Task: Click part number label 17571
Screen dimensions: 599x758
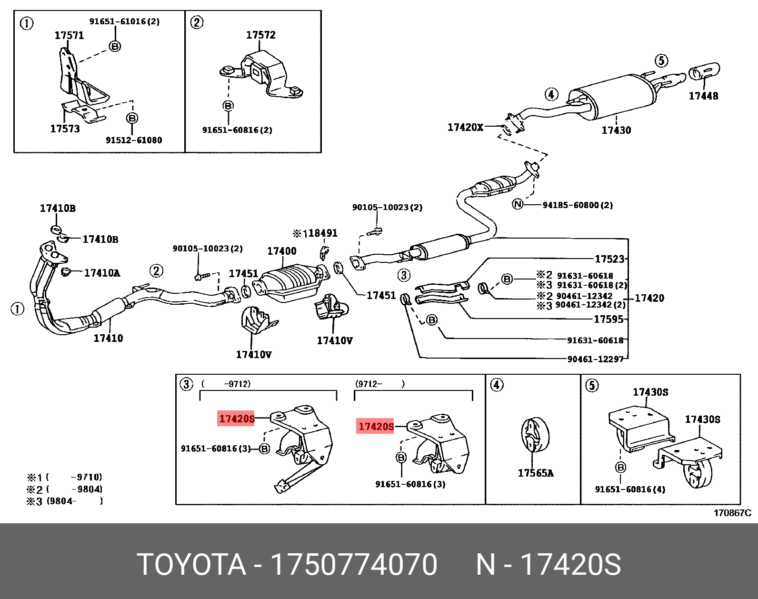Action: [x=69, y=35]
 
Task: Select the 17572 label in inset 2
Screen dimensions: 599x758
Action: [x=260, y=35]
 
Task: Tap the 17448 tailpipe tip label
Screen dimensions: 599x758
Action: [x=703, y=96]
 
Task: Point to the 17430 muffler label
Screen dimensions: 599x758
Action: [x=616, y=130]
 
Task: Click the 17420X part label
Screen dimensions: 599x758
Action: [x=465, y=127]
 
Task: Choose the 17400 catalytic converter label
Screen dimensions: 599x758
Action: [x=281, y=251]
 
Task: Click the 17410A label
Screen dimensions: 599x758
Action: [x=102, y=273]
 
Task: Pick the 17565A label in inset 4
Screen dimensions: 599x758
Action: [x=536, y=473]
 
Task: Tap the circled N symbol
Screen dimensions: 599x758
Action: [x=518, y=205]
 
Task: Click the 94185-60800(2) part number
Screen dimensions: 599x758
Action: [x=578, y=205]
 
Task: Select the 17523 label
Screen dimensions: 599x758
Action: [x=609, y=259]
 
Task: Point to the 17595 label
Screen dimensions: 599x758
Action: [x=608, y=319]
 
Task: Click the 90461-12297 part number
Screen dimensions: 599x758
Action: [x=595, y=359]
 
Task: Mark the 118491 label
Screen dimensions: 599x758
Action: [x=318, y=233]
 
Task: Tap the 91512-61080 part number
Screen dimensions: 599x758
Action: [x=133, y=140]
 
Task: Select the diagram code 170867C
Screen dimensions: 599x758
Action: [x=732, y=513]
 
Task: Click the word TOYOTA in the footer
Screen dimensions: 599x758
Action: [x=191, y=565]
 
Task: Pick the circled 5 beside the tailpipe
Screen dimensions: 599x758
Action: [x=661, y=61]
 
